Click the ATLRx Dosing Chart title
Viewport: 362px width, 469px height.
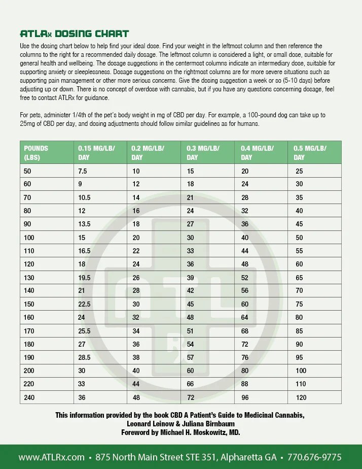(74, 34)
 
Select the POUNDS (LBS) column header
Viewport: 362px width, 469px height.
(36, 152)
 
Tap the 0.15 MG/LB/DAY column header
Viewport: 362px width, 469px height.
(96, 152)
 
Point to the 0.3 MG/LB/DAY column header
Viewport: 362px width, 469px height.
(203, 152)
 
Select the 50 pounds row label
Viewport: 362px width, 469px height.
(27, 172)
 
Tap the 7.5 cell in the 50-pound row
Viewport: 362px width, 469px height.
(83, 172)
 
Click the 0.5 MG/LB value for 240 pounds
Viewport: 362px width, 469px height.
(302, 397)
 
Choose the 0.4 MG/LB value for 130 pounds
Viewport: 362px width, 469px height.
(245, 278)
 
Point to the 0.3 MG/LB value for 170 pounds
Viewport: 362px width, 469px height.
(191, 331)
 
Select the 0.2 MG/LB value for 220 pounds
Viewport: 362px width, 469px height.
(136, 384)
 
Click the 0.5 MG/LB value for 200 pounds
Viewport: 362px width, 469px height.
(301, 371)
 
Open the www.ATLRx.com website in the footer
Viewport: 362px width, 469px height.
(51, 457)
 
